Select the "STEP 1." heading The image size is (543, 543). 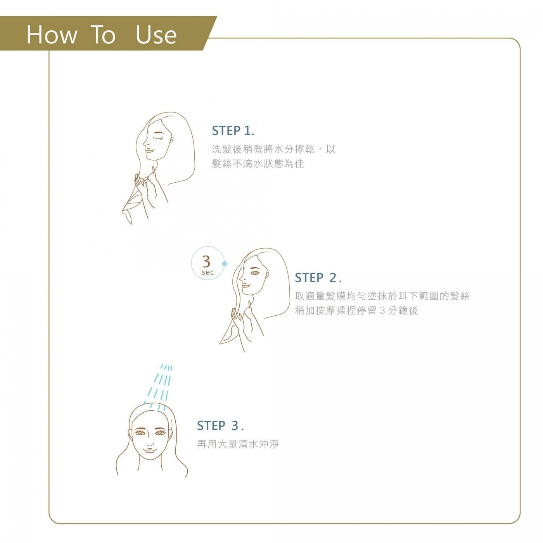[x=233, y=131]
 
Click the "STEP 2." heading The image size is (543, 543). [x=318, y=278]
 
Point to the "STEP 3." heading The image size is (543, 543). [x=220, y=426]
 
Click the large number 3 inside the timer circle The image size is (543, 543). [x=207, y=261]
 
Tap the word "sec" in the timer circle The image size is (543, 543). [x=208, y=273]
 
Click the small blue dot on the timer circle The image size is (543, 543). [x=225, y=264]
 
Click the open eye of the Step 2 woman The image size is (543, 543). [x=255, y=273]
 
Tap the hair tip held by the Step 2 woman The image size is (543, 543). [x=227, y=337]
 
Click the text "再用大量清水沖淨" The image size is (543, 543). [x=238, y=444]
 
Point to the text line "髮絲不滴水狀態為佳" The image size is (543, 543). [x=258, y=164]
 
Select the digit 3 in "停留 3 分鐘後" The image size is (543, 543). [x=382, y=311]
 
